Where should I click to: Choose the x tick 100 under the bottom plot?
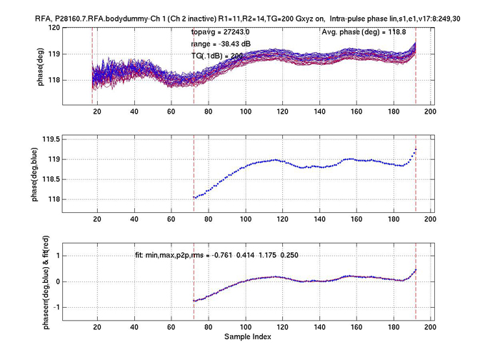coord(245,326)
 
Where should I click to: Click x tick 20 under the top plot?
coord(97,111)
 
